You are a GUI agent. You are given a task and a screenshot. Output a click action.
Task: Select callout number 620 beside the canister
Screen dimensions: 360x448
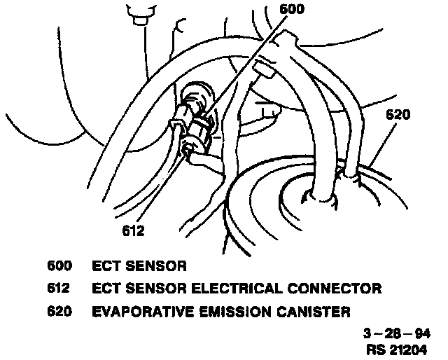[397, 116]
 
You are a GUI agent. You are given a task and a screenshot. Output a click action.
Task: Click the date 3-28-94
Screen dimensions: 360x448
[396, 332]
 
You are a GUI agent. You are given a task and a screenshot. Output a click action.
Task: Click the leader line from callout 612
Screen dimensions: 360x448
[161, 189]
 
